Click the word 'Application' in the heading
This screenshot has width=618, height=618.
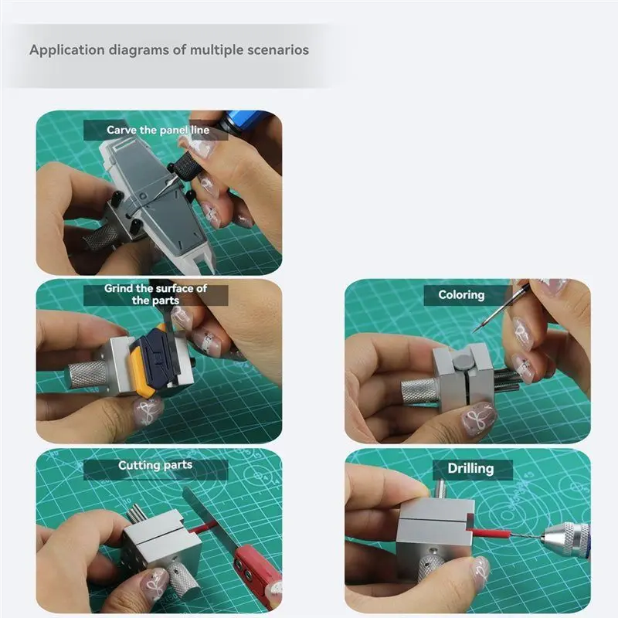click(x=64, y=49)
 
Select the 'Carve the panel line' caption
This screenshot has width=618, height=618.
click(x=158, y=131)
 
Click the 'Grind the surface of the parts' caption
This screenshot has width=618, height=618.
click(x=156, y=294)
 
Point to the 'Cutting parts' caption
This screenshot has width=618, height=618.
click(x=155, y=466)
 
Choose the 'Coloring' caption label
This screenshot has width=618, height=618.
click(x=461, y=295)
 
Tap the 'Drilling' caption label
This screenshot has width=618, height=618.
click(x=470, y=468)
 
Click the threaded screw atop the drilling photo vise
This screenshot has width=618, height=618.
click(x=438, y=488)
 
